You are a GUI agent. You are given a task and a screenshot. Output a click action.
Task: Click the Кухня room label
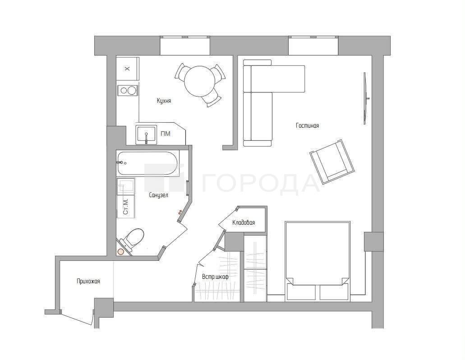pyautogui.click(x=164, y=101)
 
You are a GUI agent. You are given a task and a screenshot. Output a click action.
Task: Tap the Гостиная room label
pyautogui.click(x=308, y=125)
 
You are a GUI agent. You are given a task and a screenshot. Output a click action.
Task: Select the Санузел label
pyautogui.click(x=159, y=195)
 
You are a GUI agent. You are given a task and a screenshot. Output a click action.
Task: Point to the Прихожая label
pyautogui.click(x=88, y=281)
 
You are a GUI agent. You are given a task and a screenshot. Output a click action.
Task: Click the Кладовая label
pyautogui.click(x=244, y=222)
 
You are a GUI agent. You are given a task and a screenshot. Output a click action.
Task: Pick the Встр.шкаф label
pyautogui.click(x=215, y=277)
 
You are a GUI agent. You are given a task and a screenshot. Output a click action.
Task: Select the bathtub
pyautogui.click(x=147, y=163)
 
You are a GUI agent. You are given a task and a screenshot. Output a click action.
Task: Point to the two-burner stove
pyautogui.click(x=128, y=90)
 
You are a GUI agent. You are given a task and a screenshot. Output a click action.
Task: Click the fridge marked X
pyautogui.click(x=128, y=69)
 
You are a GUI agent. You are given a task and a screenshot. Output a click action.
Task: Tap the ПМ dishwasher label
pyautogui.click(x=166, y=134)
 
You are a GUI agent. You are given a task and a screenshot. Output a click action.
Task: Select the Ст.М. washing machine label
pyautogui.click(x=126, y=207)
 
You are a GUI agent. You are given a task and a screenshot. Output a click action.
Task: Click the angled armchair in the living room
pyautogui.click(x=332, y=161)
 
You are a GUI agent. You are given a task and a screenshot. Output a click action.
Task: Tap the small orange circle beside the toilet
pyautogui.click(x=121, y=252)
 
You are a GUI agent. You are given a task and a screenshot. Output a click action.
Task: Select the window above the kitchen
pyautogui.click(x=185, y=46)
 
